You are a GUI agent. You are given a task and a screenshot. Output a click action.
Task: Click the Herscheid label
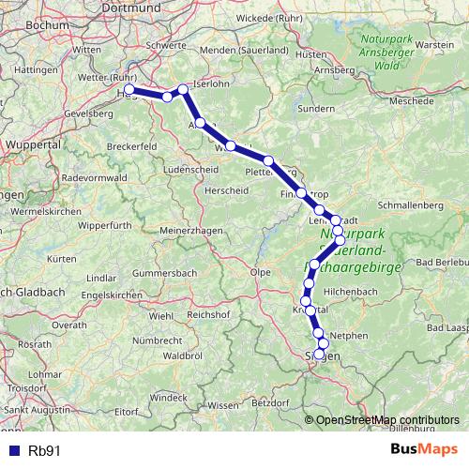click(226, 189)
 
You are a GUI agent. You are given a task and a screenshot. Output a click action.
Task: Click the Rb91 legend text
click(43, 449)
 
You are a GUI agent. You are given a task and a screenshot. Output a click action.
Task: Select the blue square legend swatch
click(13, 449)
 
